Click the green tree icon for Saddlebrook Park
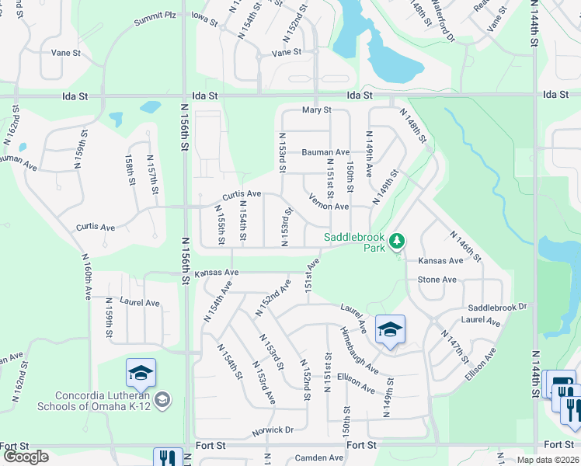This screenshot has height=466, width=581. click(397, 241)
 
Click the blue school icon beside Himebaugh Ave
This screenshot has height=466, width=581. click(390, 329)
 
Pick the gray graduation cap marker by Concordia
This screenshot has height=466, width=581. click(162, 400)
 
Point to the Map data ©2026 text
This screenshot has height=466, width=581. click(548, 460)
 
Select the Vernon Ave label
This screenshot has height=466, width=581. click(329, 207)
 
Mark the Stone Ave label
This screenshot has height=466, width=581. click(437, 280)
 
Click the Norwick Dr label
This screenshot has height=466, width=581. click(273, 429)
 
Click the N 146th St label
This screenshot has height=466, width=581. click(466, 246)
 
